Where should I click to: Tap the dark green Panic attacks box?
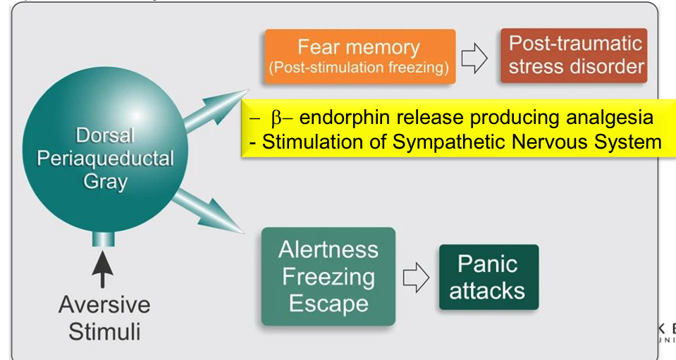[x=488, y=277]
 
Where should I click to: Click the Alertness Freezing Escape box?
[x=328, y=276]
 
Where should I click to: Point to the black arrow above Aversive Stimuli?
[x=103, y=270]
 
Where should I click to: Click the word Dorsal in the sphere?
[x=105, y=135]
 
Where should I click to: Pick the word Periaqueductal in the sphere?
[x=105, y=158]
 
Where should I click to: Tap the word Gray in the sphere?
[x=105, y=182]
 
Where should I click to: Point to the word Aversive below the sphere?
[x=104, y=306]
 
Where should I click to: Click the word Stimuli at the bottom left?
[x=104, y=331]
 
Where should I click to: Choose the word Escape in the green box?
[x=328, y=304]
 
